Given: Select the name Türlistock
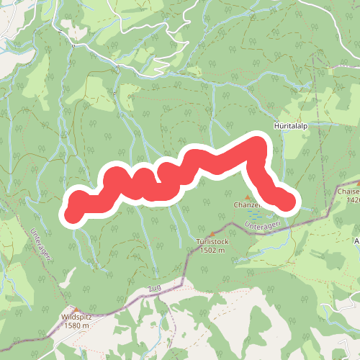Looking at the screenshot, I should pyautogui.click(x=211, y=242).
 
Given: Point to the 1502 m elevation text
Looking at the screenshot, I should pyautogui.click(x=211, y=250).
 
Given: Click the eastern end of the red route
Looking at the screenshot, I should pyautogui.click(x=287, y=203).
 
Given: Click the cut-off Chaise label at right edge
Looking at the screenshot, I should pyautogui.click(x=348, y=192).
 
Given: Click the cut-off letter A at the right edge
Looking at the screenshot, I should pyautogui.click(x=356, y=240).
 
